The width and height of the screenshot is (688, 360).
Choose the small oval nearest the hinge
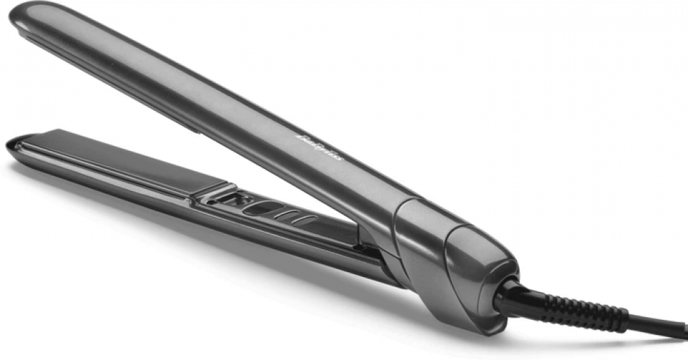[x=305, y=222]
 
